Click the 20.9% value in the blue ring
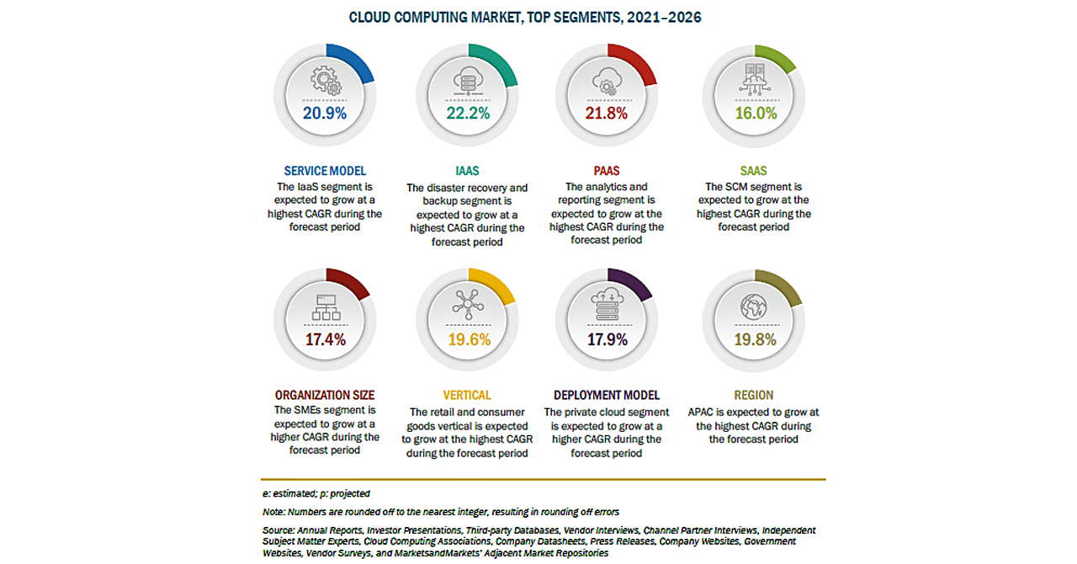pos(324,114)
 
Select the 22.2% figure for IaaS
pos(467,114)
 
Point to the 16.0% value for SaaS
pos(755,114)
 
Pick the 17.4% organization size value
pos(324,339)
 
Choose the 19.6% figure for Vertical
pos(467,339)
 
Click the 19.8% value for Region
pos(755,339)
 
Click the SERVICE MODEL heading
pos(324,171)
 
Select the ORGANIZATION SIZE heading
pos(324,395)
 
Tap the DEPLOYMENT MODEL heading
pos(607,395)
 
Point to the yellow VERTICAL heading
pos(467,395)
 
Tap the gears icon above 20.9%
pos(325,81)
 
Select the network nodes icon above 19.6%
pos(467,304)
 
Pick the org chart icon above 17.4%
pos(324,307)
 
